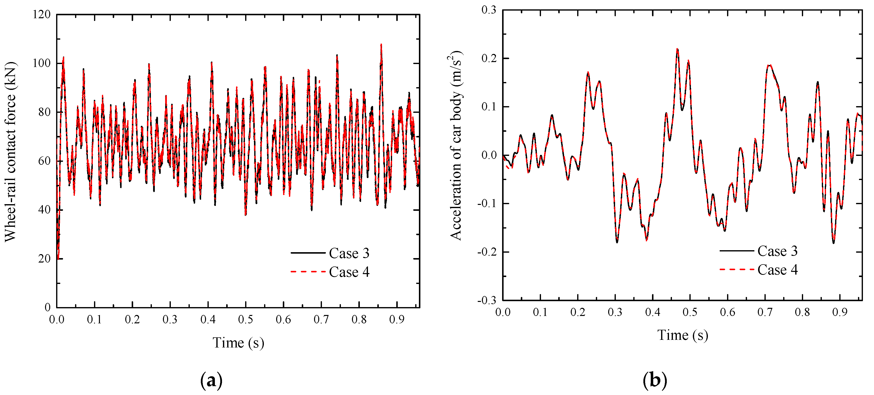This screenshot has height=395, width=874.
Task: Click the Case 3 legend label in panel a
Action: pos(349,253)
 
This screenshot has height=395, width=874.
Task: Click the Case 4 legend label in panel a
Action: pos(349,272)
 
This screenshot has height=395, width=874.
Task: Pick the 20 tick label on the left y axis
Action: pos(44,259)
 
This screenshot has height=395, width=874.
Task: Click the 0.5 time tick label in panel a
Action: pos(245,319)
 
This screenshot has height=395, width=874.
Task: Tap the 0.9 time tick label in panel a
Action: pos(397,319)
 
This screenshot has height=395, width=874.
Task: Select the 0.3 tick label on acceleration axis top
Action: pos(489,10)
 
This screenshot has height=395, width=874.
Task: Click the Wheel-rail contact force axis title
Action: pos(10,152)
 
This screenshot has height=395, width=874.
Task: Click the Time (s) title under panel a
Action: pos(238,343)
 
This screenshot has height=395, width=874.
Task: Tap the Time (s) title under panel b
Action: pos(683,335)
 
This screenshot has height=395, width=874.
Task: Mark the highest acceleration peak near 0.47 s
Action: pos(677,49)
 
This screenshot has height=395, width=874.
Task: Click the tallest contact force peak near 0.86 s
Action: pos(381,45)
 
